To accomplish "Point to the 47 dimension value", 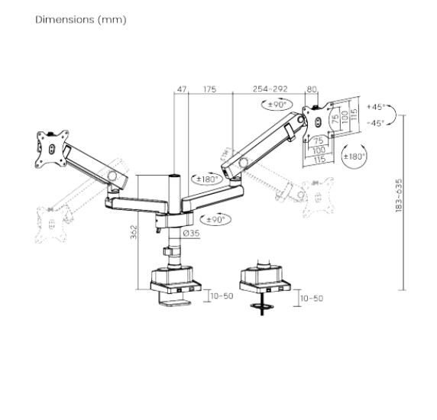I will coord(181,89).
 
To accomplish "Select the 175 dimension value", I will coord(209,89).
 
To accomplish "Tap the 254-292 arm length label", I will coord(270,89).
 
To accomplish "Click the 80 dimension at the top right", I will coord(311,89).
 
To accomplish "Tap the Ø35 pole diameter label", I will coord(191,233).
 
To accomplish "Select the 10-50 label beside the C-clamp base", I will coord(222,296).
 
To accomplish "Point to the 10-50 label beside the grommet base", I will coord(312,299).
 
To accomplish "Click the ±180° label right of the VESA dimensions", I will coord(354,157).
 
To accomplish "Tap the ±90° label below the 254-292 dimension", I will coord(277,105).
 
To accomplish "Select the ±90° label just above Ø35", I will coord(220,218).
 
